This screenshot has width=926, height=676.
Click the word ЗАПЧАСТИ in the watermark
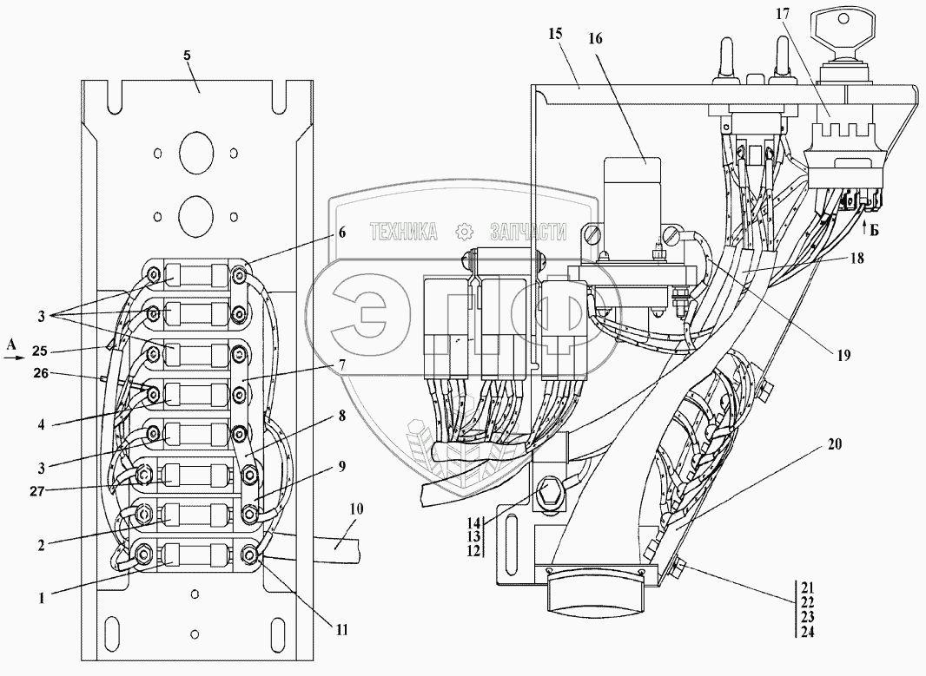click(x=528, y=232)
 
